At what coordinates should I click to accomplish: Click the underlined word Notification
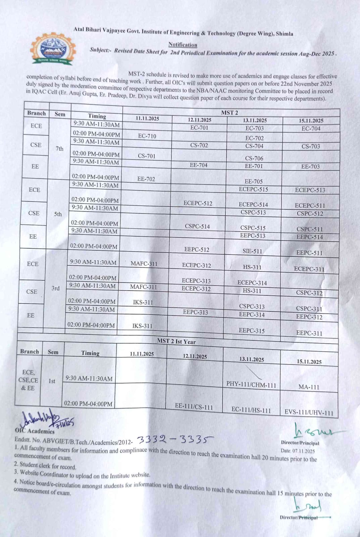(x=183, y=45)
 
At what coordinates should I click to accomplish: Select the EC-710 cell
(x=147, y=136)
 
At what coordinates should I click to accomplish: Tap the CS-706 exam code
(x=254, y=158)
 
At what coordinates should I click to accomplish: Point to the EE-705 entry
(x=254, y=182)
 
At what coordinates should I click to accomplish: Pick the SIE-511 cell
(x=252, y=251)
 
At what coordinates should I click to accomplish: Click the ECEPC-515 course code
(x=253, y=189)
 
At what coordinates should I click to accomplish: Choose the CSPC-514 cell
(x=197, y=226)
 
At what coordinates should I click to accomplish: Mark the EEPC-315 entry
(x=252, y=331)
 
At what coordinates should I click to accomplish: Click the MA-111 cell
(x=309, y=387)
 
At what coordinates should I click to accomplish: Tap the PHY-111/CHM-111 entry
(x=251, y=384)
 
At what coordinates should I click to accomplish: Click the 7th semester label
(x=59, y=149)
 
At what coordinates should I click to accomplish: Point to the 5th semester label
(x=58, y=214)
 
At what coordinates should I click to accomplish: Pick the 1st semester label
(x=52, y=381)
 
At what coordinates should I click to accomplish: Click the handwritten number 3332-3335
(x=175, y=439)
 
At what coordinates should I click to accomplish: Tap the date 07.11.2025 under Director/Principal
(x=298, y=451)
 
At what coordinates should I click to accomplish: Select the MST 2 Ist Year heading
(x=176, y=341)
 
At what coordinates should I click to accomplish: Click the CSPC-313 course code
(x=252, y=306)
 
